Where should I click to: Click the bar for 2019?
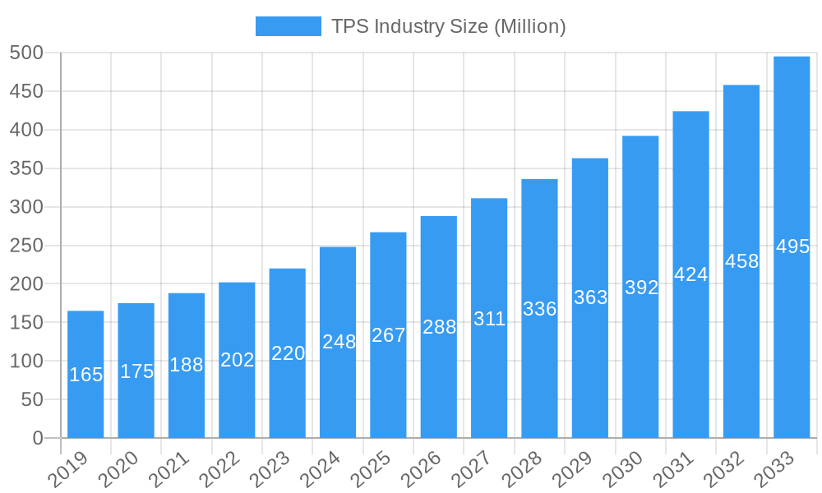tap(85, 374)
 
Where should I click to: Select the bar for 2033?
tap(792, 246)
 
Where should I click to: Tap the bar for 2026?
tap(439, 327)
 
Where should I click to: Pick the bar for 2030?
tap(640, 287)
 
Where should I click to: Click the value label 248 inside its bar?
tap(339, 342)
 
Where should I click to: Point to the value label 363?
tap(590, 297)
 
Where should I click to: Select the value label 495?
tap(792, 246)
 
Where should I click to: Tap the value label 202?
tap(238, 360)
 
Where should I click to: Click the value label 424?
tap(690, 274)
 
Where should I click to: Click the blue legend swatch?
tap(288, 26)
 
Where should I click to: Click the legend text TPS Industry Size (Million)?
tap(448, 26)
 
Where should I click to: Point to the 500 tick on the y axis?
tap(26, 53)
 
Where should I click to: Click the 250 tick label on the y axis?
tap(26, 246)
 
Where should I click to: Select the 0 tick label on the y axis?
tap(38, 438)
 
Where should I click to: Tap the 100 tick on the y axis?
tap(26, 362)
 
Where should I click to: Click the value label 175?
tap(136, 371)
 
